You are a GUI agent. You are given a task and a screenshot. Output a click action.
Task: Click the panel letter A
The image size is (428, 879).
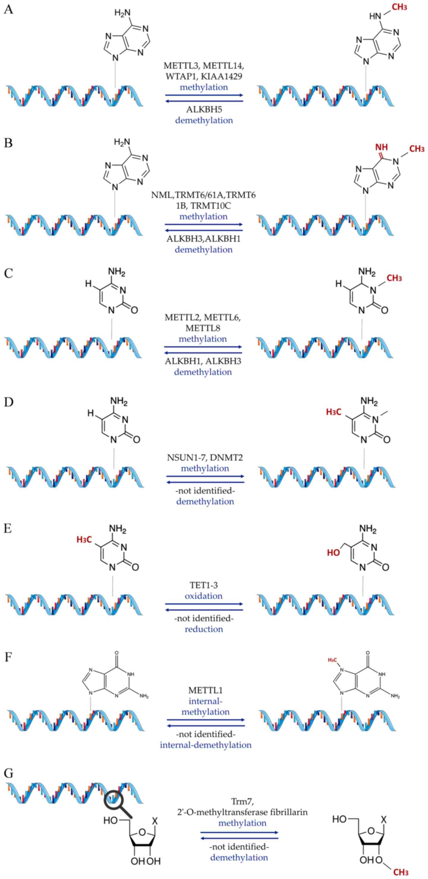9,9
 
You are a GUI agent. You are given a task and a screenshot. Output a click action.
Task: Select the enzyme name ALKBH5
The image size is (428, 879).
204,109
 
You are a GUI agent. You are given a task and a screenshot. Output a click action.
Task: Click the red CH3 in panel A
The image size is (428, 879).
399,7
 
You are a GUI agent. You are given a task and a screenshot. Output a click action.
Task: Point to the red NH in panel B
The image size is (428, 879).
382,147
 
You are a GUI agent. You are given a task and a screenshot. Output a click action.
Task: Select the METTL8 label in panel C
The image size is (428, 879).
203,328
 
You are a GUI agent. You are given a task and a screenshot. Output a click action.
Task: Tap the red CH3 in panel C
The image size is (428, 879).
394,278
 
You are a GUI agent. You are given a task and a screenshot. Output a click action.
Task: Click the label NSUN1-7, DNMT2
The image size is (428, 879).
205,457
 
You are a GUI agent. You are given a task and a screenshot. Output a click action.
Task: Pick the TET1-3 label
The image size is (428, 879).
203,585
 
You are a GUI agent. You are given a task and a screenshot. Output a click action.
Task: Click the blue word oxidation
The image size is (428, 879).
203,596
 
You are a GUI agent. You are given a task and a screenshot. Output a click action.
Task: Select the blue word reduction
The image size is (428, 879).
203,629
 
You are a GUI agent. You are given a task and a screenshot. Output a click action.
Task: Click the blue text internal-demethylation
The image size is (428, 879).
205,745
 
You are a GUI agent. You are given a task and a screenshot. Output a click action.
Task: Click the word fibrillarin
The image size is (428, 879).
288,812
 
